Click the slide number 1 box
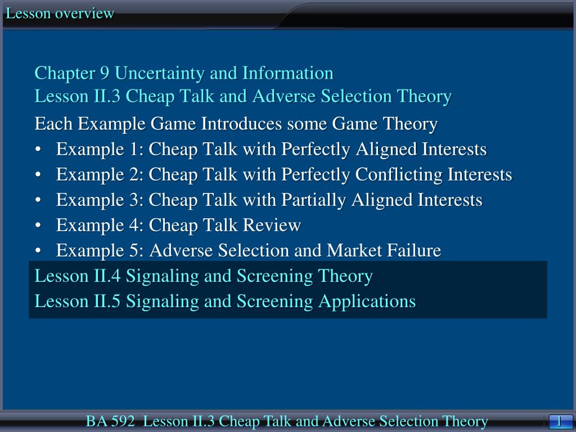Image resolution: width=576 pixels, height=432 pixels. point(559,421)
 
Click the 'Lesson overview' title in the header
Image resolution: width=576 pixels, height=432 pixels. point(60,13)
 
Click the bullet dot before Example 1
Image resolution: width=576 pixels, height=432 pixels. point(38,150)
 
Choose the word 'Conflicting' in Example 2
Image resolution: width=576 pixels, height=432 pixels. point(399,175)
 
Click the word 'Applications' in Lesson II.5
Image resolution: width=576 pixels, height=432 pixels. point(367,301)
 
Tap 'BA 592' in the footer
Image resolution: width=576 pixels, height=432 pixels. point(110,421)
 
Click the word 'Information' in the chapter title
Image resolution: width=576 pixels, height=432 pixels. point(288,73)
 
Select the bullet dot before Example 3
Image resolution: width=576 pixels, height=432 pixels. point(38,201)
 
